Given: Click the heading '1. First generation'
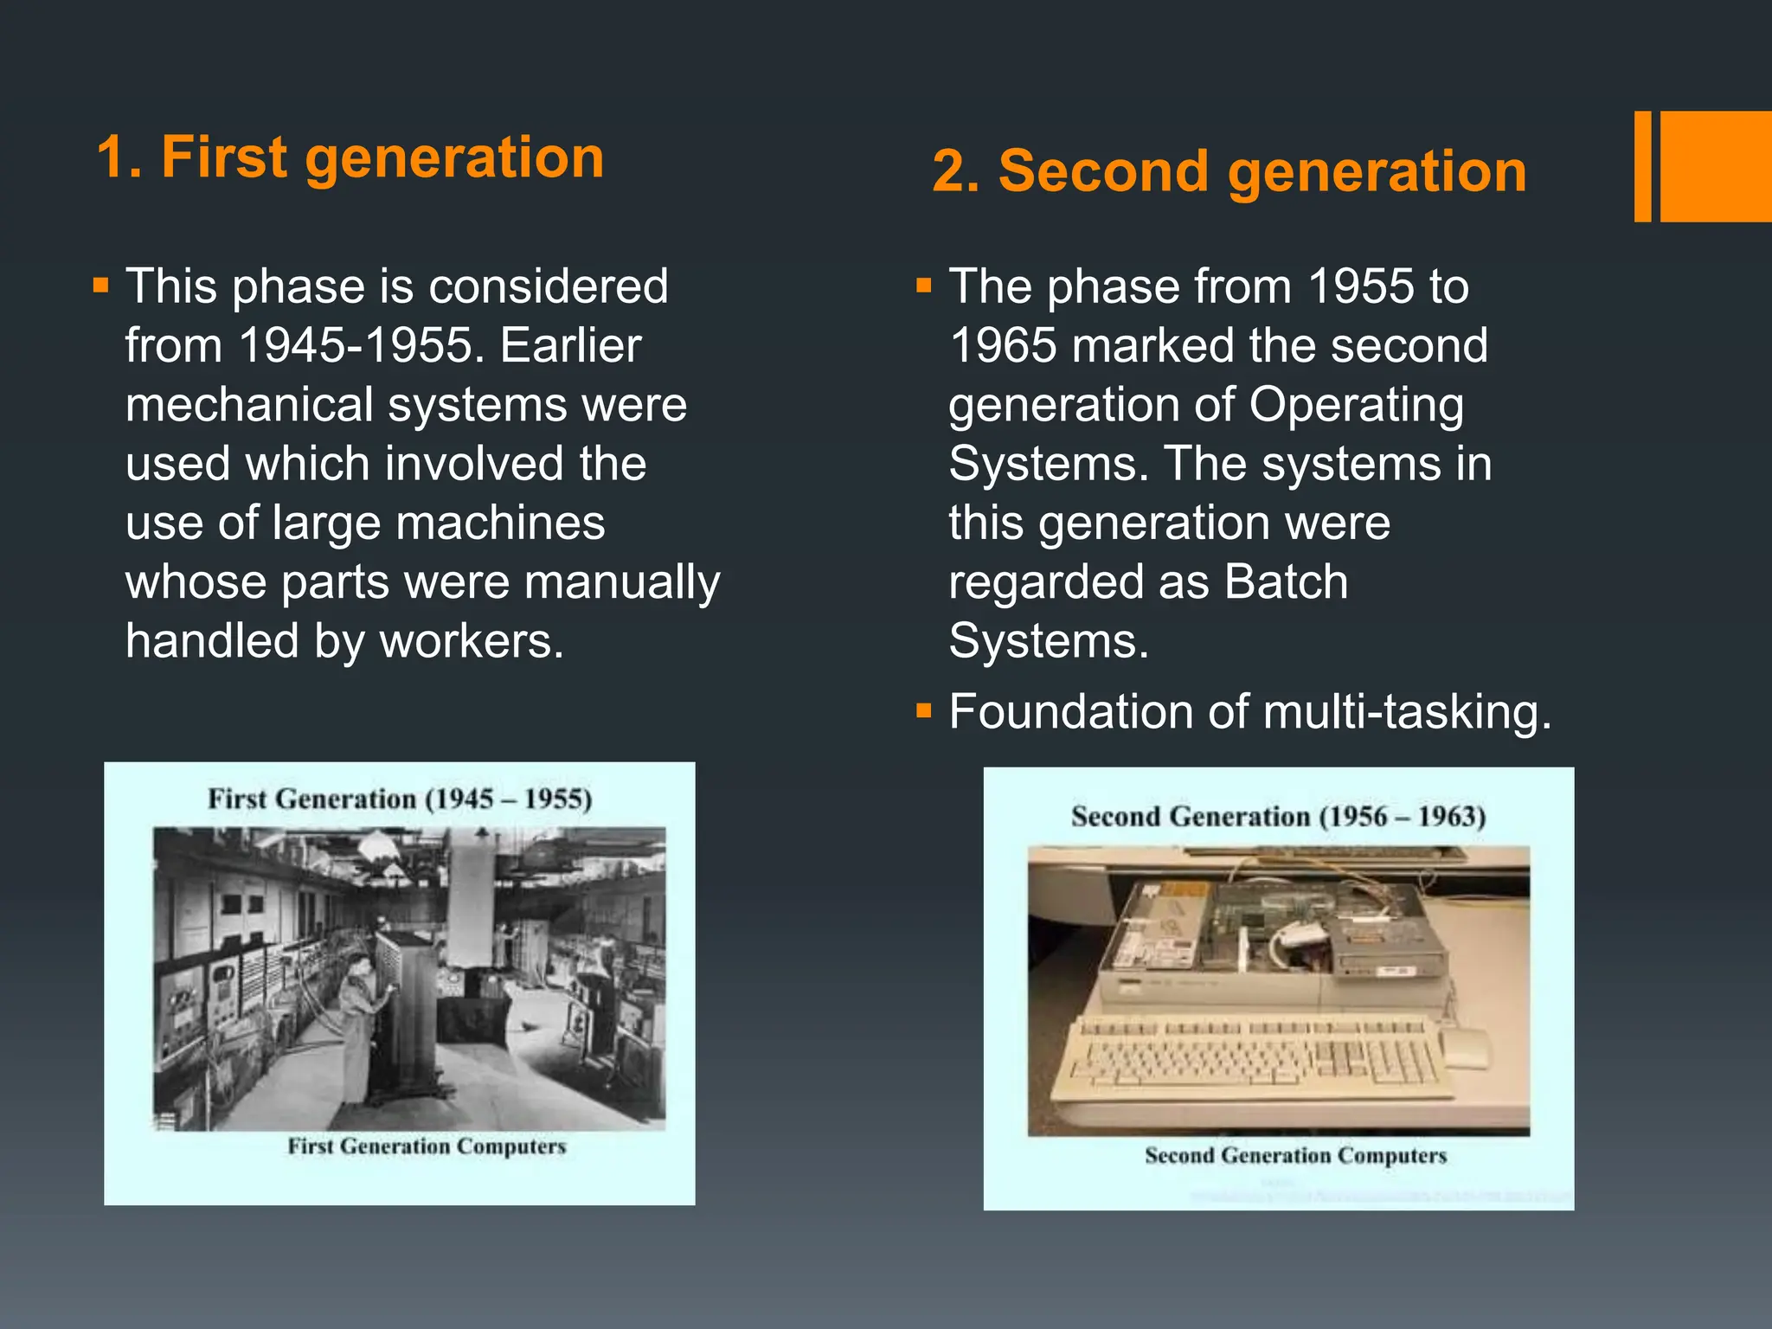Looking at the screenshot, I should (x=350, y=157).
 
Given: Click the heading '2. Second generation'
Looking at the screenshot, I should (x=1229, y=171).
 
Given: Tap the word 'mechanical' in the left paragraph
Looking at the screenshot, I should (x=249, y=405).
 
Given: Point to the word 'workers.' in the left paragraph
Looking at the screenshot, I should (x=472, y=641).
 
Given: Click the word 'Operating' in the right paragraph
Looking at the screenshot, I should (x=1356, y=405).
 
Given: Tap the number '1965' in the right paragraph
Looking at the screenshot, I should (x=1003, y=346).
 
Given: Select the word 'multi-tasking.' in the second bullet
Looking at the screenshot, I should (x=1407, y=712).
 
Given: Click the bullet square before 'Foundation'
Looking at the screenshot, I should (x=923, y=711).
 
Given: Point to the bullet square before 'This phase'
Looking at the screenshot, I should (x=101, y=285).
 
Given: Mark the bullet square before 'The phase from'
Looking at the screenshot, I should (x=923, y=285).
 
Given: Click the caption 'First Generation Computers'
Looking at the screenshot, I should (x=427, y=1146).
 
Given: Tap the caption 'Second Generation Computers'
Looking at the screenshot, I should (x=1295, y=1156).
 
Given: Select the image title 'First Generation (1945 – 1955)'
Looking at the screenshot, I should (x=400, y=799).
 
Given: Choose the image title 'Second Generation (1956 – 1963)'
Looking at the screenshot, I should (x=1278, y=817).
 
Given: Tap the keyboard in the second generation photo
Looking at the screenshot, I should (x=1255, y=1057).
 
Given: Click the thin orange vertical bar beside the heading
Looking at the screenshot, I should (x=1642, y=166).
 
